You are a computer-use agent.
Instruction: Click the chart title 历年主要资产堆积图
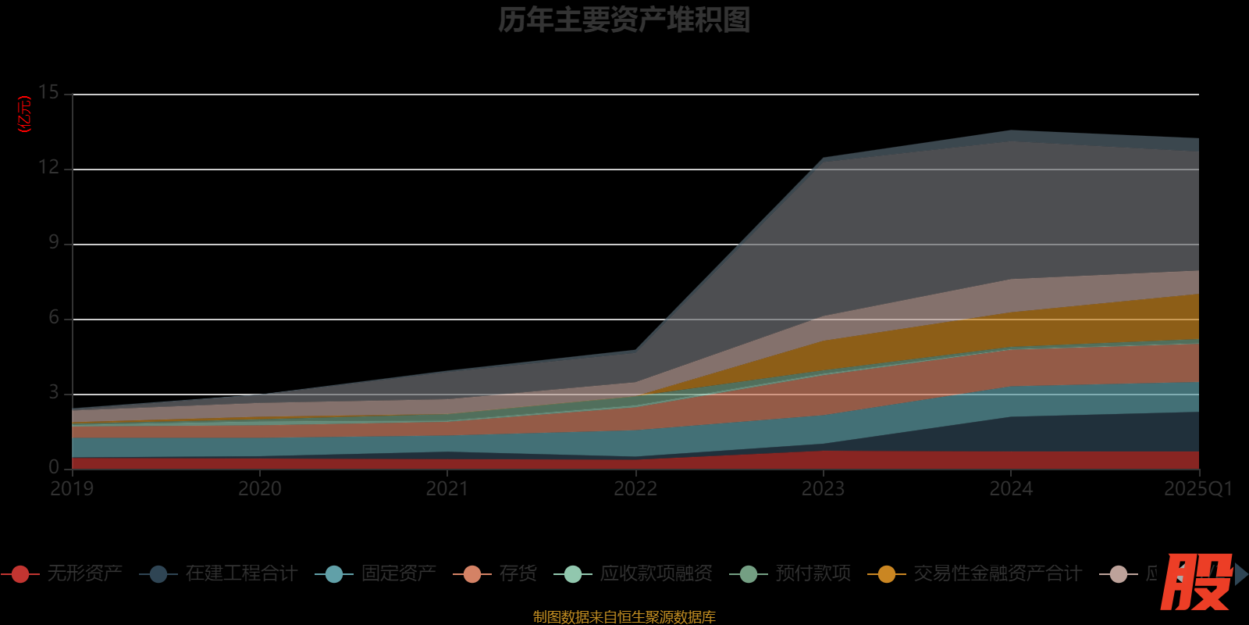click(x=624, y=20)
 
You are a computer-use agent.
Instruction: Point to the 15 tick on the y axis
click(x=48, y=93)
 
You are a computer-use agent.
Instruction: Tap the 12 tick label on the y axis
click(x=48, y=167)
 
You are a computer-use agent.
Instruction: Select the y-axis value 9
click(x=53, y=242)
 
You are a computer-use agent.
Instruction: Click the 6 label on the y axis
click(x=53, y=317)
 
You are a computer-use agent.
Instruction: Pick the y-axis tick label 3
click(x=53, y=392)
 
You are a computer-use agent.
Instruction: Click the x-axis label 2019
click(x=72, y=489)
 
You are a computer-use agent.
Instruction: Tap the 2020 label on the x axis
click(x=259, y=489)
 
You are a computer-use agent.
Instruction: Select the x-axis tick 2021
click(x=447, y=489)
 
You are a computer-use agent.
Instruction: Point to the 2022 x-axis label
click(x=635, y=489)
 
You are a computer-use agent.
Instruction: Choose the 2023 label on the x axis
click(x=823, y=489)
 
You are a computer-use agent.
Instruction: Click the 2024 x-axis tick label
click(x=1011, y=489)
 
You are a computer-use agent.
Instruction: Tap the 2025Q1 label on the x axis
click(x=1197, y=489)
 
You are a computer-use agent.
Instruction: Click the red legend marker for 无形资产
click(x=20, y=574)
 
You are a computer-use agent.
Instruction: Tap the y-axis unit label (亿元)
click(x=25, y=114)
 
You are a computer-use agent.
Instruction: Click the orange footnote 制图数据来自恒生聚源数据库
click(x=624, y=617)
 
